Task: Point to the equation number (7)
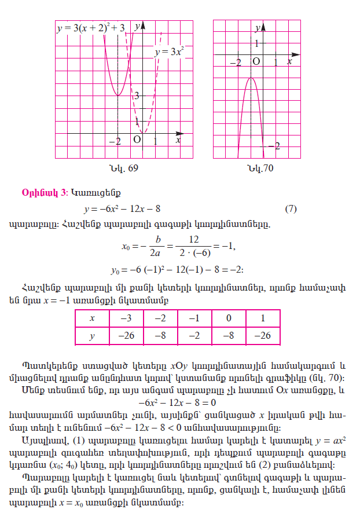(291, 208)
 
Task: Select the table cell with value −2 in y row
(194, 335)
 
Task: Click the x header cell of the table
(91, 318)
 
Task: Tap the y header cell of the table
(91, 335)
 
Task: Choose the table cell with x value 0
(229, 318)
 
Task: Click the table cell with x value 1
(263, 318)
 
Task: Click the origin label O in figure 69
(137, 140)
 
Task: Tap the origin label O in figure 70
(255, 61)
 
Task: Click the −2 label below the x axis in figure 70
(235, 61)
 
